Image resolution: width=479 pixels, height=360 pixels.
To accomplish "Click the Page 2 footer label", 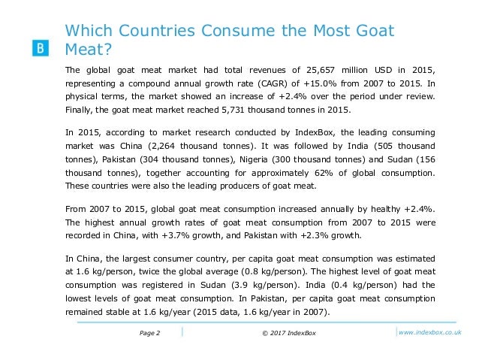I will click(x=150, y=333).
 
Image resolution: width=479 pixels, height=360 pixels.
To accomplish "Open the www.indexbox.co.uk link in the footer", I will click(x=431, y=333).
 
